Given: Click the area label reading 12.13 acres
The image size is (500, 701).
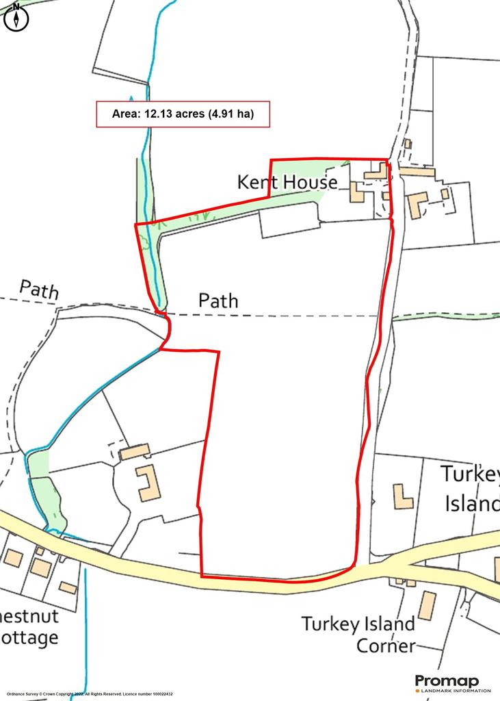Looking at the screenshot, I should click(183, 114).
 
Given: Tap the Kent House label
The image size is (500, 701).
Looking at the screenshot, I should click(287, 182).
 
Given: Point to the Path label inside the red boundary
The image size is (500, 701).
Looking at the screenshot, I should click(218, 301).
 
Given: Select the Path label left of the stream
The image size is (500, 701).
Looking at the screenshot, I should click(38, 289).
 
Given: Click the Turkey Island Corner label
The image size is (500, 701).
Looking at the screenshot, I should click(358, 635).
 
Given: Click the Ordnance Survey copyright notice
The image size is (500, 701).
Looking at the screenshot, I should click(87, 694).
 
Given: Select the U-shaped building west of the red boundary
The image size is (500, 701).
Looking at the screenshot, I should click(147, 483).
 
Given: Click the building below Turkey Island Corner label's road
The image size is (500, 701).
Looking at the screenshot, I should click(427, 605).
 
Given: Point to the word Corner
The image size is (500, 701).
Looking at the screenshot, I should click(386, 646).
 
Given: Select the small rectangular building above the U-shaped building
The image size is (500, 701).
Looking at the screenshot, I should click(135, 452).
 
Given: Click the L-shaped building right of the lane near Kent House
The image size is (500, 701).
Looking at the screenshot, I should click(416, 203).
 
